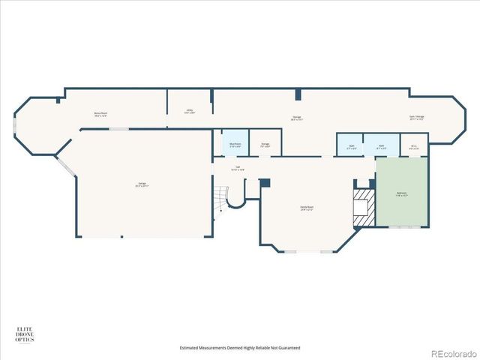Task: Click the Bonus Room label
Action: click(x=100, y=115)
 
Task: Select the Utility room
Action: click(x=190, y=111)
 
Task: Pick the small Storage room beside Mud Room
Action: click(x=265, y=144)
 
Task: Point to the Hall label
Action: click(x=238, y=168)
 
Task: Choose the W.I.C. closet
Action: click(x=414, y=147)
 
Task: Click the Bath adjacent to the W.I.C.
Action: click(x=382, y=147)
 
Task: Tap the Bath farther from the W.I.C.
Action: click(x=350, y=147)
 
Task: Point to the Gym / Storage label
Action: click(x=416, y=116)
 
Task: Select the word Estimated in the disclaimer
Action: click(x=191, y=347)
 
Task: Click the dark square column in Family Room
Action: click(x=263, y=181)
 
